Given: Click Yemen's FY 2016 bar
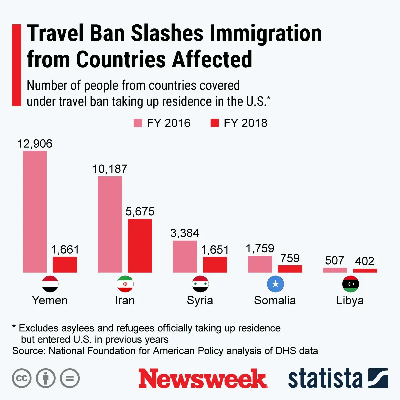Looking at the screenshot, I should pos(35,212).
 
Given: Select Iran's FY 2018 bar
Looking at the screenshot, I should pos(140,246).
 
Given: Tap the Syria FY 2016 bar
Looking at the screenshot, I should pos(185,256).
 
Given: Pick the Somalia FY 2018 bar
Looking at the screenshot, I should pos(290,269).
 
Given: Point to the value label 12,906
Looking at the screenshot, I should pos(35,144).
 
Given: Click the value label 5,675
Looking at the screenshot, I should pos(140,211).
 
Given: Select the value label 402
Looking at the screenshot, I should pos(364,261).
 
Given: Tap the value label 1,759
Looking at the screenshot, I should pos(260,248).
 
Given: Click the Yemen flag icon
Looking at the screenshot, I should pos(50,284).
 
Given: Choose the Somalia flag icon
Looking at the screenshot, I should pos(275,284).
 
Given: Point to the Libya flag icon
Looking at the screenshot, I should pos(350,284).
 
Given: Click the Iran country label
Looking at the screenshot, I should pos(125,300).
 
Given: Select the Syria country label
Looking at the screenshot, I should pos(200,300).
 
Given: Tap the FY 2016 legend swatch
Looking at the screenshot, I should pos(138,123).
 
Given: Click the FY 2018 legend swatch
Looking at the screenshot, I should pos(215,123).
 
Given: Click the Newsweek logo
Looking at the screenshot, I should pos(203,379).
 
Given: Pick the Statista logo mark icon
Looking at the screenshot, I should pos(378,378).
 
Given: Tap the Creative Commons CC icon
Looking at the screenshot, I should pos(22,378).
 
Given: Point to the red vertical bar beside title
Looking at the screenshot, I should pos(16,65).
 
